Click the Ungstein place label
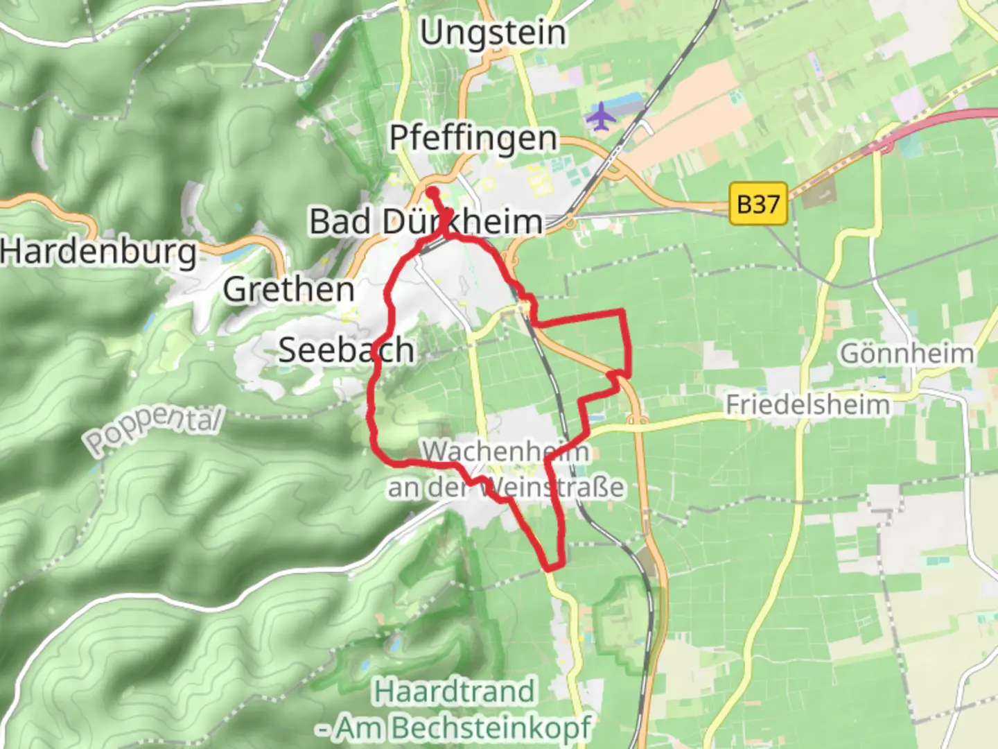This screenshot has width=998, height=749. [x=493, y=33]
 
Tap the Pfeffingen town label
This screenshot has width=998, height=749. [x=473, y=138]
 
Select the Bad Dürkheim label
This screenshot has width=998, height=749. [x=426, y=222]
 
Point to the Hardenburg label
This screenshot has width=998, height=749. [x=98, y=251]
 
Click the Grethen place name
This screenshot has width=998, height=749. [x=288, y=289]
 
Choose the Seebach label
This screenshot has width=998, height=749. [x=346, y=350]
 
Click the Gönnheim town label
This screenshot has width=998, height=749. [x=907, y=354]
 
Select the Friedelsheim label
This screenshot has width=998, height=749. [x=807, y=404]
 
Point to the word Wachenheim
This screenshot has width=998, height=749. [x=505, y=451]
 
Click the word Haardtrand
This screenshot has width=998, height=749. [x=455, y=691]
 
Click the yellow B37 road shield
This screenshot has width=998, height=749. [x=758, y=205]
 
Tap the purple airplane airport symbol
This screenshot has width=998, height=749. [x=600, y=116]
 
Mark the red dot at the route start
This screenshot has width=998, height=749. [x=432, y=191]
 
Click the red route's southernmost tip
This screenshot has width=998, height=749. [x=552, y=568]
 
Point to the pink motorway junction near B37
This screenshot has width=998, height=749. [x=884, y=144]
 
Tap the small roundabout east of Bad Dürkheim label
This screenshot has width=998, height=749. [x=569, y=223]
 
